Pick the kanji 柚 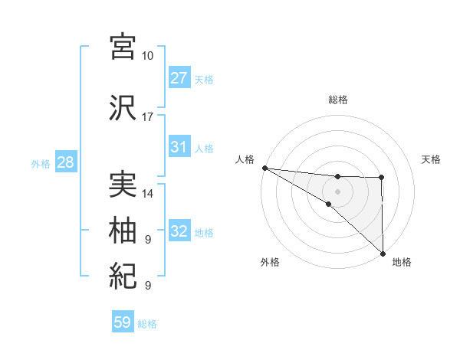(123, 229)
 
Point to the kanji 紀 (123, 275)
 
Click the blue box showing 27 (179, 77)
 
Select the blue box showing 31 (179, 147)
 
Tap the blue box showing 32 (179, 231)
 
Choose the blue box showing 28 (65, 162)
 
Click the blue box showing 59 (123, 322)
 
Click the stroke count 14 (147, 194)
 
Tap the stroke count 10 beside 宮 (147, 56)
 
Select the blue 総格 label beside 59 (147, 324)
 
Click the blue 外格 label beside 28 (41, 163)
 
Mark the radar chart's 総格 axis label (337, 100)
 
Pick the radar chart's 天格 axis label (432, 159)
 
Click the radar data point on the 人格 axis (264, 168)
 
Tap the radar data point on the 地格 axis (382, 253)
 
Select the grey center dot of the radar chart (337, 191)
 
